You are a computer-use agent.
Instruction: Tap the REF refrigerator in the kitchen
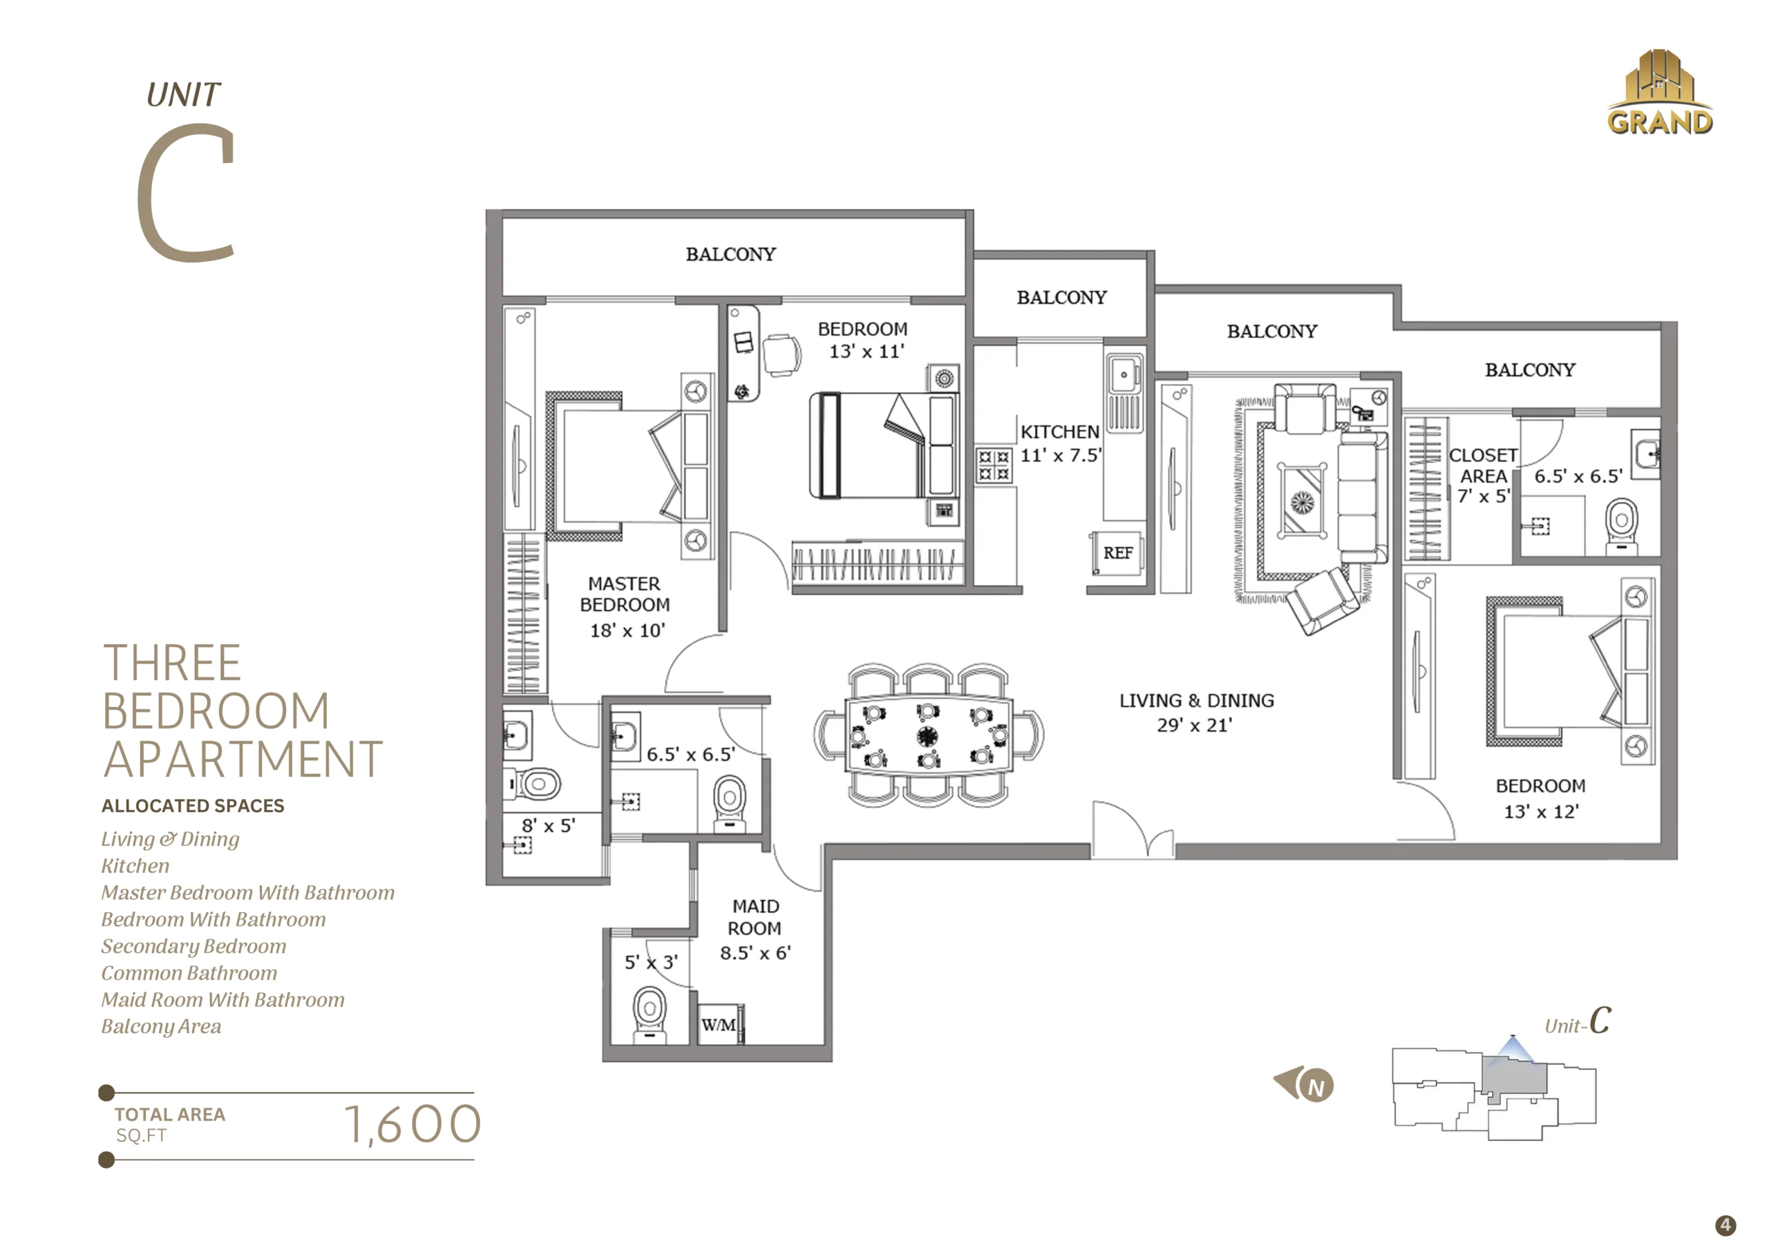pos(1117,553)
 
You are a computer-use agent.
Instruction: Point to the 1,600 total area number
pos(413,1124)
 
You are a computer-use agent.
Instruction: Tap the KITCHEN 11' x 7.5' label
pos(1061,444)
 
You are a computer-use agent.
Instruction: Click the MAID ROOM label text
pos(755,916)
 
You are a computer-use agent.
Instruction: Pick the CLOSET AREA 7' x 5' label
pos(1482,476)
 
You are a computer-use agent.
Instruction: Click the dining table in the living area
pos(928,735)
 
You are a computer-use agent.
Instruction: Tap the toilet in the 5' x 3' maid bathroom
pos(649,1014)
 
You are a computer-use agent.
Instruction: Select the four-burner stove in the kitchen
pos(994,465)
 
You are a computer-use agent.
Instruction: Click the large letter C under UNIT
pos(185,192)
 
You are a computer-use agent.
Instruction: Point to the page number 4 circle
pos(1725,1226)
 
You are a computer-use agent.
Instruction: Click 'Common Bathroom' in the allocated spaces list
pos(189,973)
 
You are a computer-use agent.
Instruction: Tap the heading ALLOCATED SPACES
pos(193,806)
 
